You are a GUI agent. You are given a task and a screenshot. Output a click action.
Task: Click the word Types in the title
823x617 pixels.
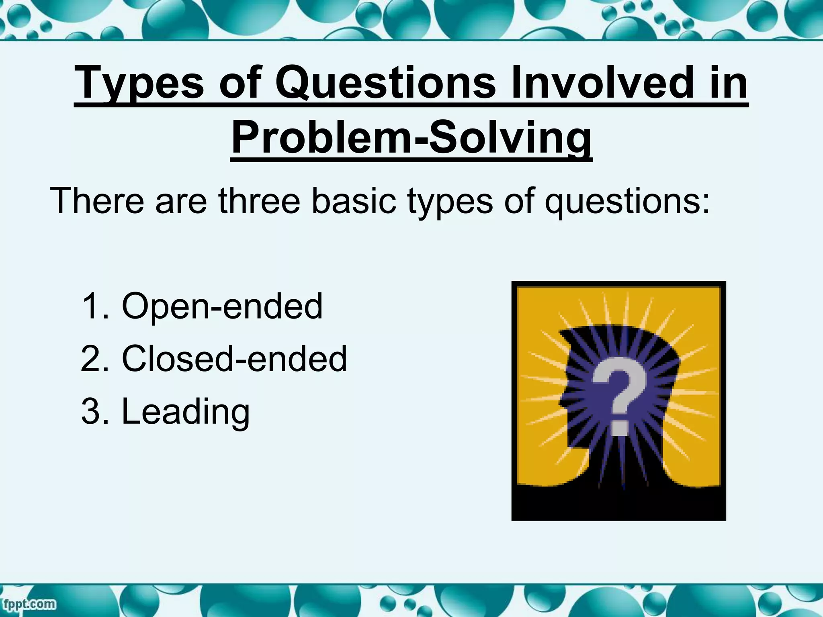139,83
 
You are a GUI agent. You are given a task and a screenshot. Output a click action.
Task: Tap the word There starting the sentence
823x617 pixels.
97,200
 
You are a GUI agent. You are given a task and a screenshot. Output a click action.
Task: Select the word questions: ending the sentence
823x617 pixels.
627,200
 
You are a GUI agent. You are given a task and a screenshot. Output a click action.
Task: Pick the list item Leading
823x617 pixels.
185,411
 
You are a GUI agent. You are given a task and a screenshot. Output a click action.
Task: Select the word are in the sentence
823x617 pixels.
181,200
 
